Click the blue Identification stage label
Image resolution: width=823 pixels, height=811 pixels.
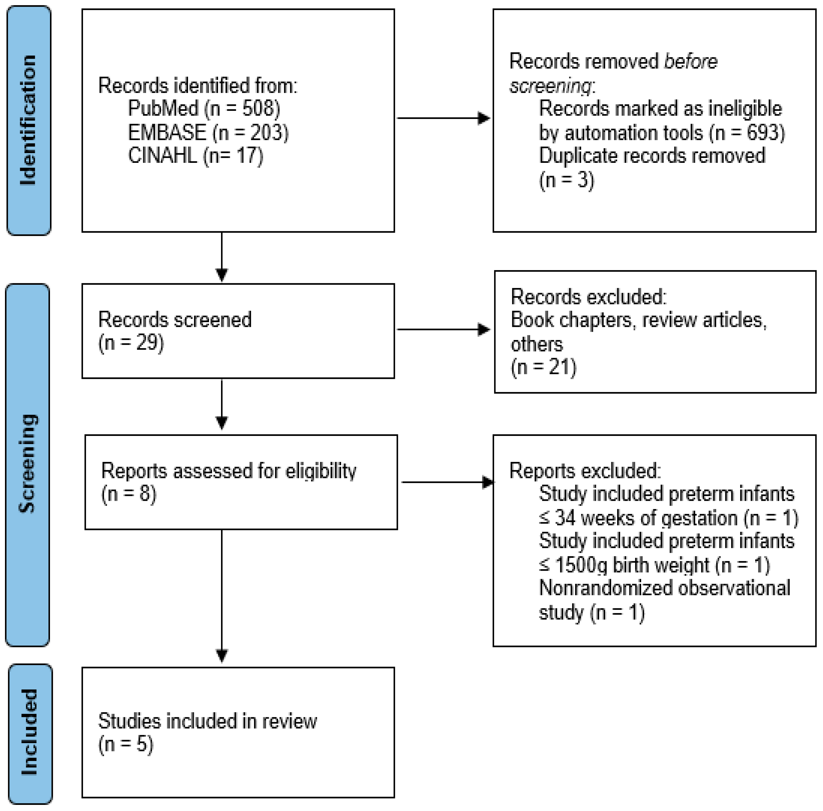pos(29,120)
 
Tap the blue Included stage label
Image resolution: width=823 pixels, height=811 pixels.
pos(30,733)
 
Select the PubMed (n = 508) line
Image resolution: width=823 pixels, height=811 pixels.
pos(203,109)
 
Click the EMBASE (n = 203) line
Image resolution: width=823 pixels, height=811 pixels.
pos(208,132)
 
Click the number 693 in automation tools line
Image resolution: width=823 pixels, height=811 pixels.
pos(763,133)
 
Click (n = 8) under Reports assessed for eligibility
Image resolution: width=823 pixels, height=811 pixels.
pos(129,494)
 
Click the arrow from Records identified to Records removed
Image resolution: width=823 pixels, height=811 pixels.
pos(443,118)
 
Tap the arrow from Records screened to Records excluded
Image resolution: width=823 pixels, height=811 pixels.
pos(443,329)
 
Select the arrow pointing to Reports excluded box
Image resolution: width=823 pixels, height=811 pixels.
pos(447,482)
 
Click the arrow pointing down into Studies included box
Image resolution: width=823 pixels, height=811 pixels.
pos(222,596)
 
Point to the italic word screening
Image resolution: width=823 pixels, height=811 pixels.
pos(550,86)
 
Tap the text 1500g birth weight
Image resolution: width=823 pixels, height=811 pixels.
pos(632,565)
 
